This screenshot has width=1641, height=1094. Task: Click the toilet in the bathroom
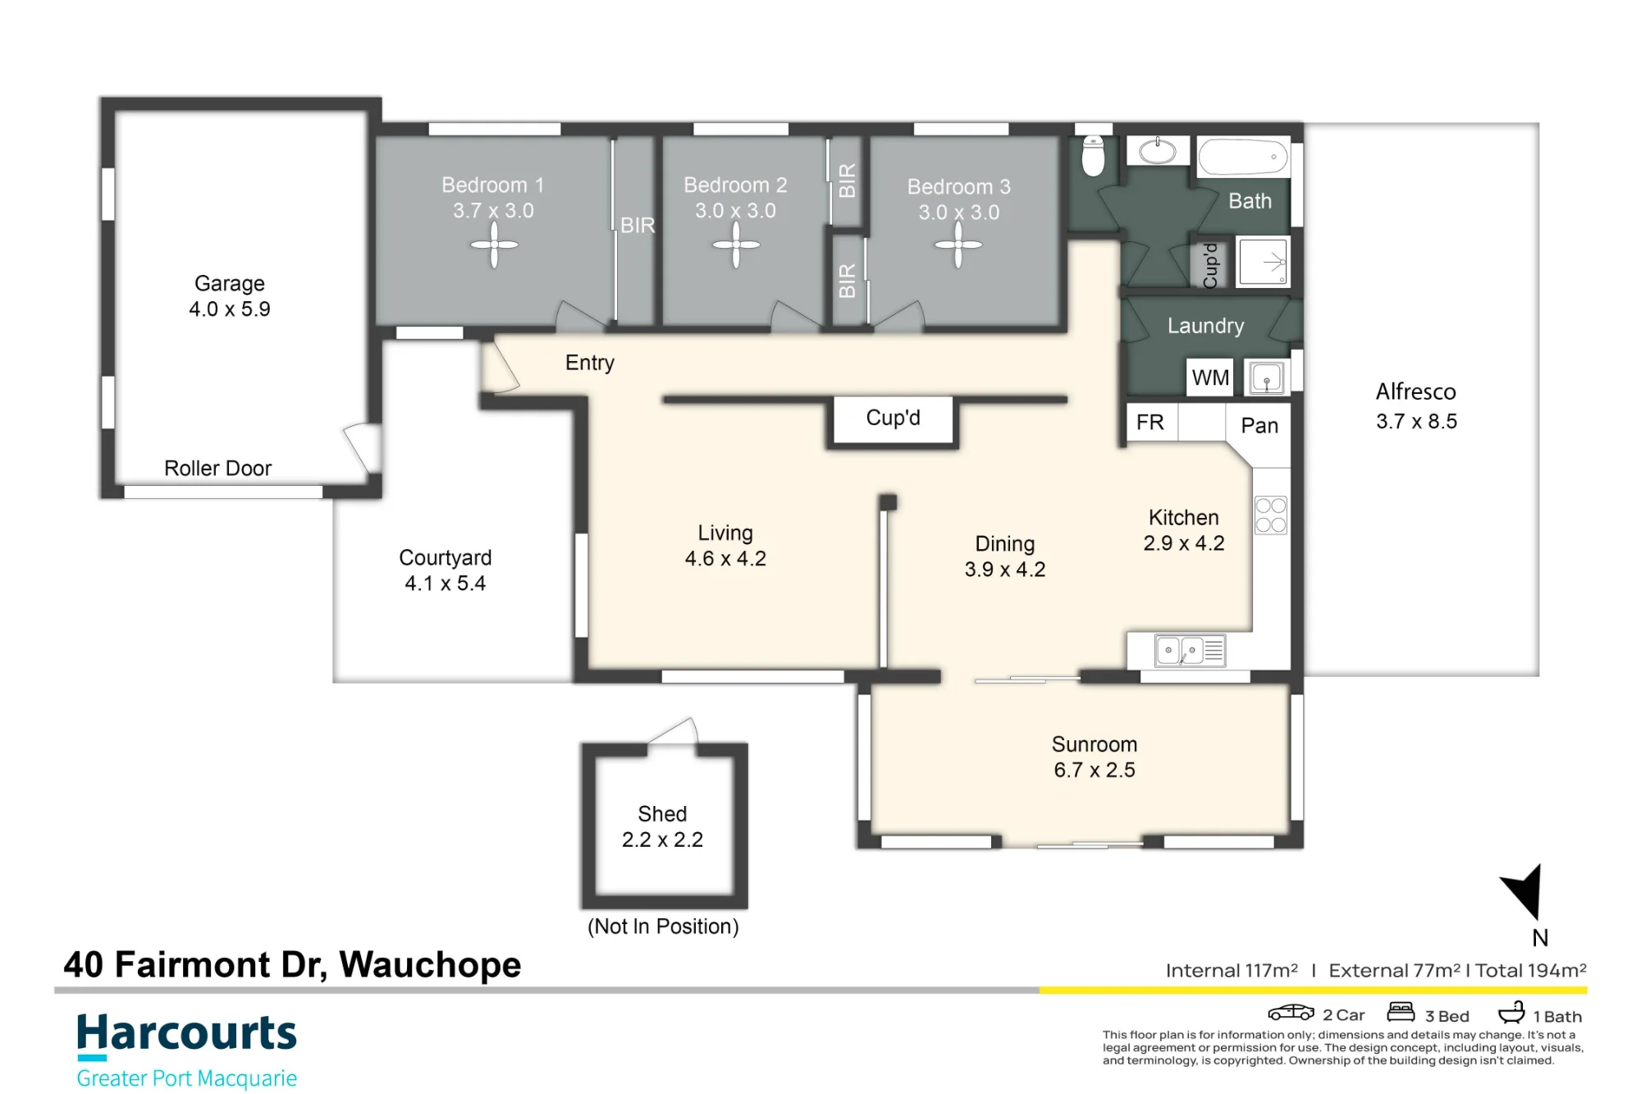1093,155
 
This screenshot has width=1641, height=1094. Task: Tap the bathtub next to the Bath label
1243,156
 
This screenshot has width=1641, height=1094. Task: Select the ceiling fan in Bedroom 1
494,245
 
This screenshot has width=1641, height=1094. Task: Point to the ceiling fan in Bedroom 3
958,245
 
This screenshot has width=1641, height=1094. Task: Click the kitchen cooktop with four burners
1271,515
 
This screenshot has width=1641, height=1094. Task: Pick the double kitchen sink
1190,650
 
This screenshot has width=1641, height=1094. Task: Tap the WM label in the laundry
1210,378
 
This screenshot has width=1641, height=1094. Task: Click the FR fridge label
1150,422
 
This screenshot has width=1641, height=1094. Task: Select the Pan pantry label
1259,425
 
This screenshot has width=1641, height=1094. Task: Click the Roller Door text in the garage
217,468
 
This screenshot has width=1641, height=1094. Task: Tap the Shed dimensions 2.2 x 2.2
662,840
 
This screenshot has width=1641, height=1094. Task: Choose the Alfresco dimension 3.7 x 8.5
1416,421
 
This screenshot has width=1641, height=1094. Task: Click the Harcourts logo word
186,1033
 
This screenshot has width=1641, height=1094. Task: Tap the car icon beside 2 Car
1291,1012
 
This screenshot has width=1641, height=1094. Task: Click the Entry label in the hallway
590,363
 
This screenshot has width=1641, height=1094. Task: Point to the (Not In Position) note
663,927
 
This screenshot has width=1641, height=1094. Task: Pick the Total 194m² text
1530,970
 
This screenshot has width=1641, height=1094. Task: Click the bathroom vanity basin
1157,151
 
